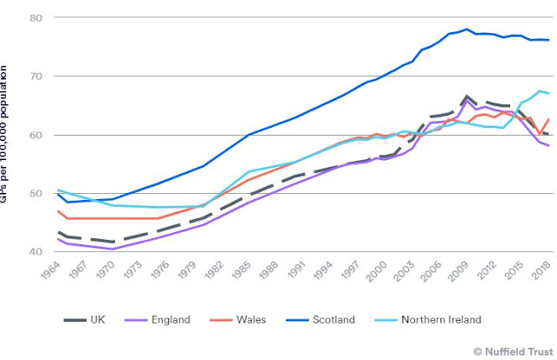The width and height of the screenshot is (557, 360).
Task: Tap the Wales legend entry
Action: coord(252,320)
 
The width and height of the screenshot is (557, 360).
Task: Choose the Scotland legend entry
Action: coord(332,320)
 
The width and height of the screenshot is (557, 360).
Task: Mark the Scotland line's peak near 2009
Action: coord(467,29)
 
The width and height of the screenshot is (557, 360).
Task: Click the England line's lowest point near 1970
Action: coord(112,249)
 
